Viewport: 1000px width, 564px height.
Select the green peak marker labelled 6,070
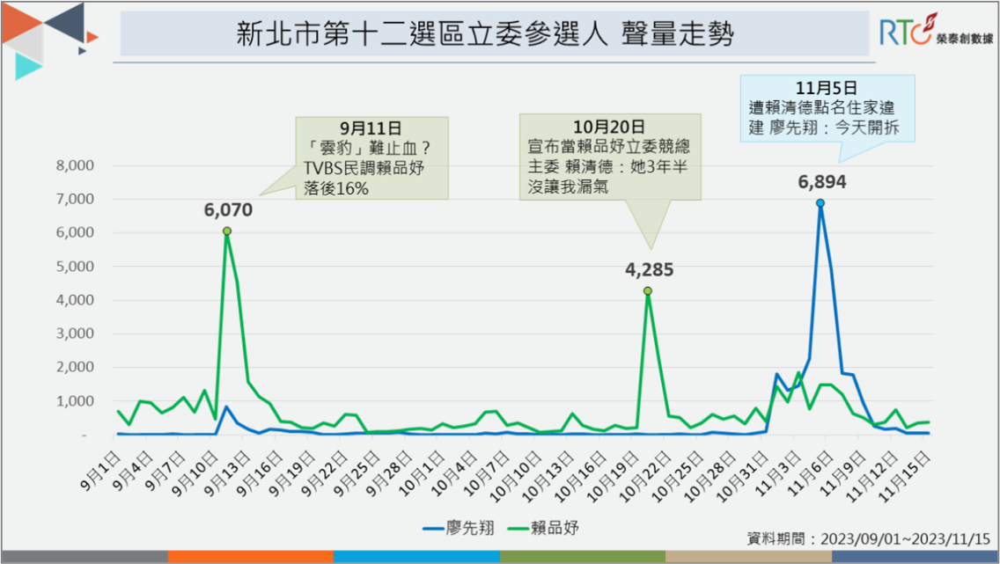pos(227,231)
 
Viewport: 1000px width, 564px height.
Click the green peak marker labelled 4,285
pos(647,291)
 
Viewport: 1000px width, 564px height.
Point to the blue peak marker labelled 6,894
pos(820,203)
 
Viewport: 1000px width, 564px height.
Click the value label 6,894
pos(821,182)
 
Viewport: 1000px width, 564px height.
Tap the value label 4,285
pos(649,269)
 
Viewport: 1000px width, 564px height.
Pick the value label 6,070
pos(228,210)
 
